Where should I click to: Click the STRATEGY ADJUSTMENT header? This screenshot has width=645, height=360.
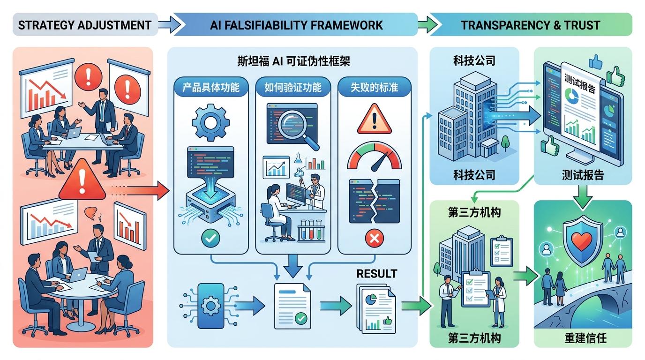point(84,25)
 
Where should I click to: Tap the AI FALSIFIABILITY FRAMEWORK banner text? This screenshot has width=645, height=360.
point(296,25)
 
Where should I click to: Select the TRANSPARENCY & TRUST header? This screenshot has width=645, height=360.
point(530,25)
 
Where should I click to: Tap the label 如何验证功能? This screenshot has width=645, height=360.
point(293,87)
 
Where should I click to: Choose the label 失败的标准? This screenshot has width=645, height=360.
point(374,87)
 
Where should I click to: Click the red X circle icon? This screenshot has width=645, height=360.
point(374,239)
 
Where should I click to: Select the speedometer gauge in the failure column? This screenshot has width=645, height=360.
point(374,158)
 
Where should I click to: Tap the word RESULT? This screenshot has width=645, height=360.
point(376,274)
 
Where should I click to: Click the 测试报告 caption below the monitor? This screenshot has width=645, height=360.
point(583,175)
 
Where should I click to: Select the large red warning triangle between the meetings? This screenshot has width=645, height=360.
point(82,180)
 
